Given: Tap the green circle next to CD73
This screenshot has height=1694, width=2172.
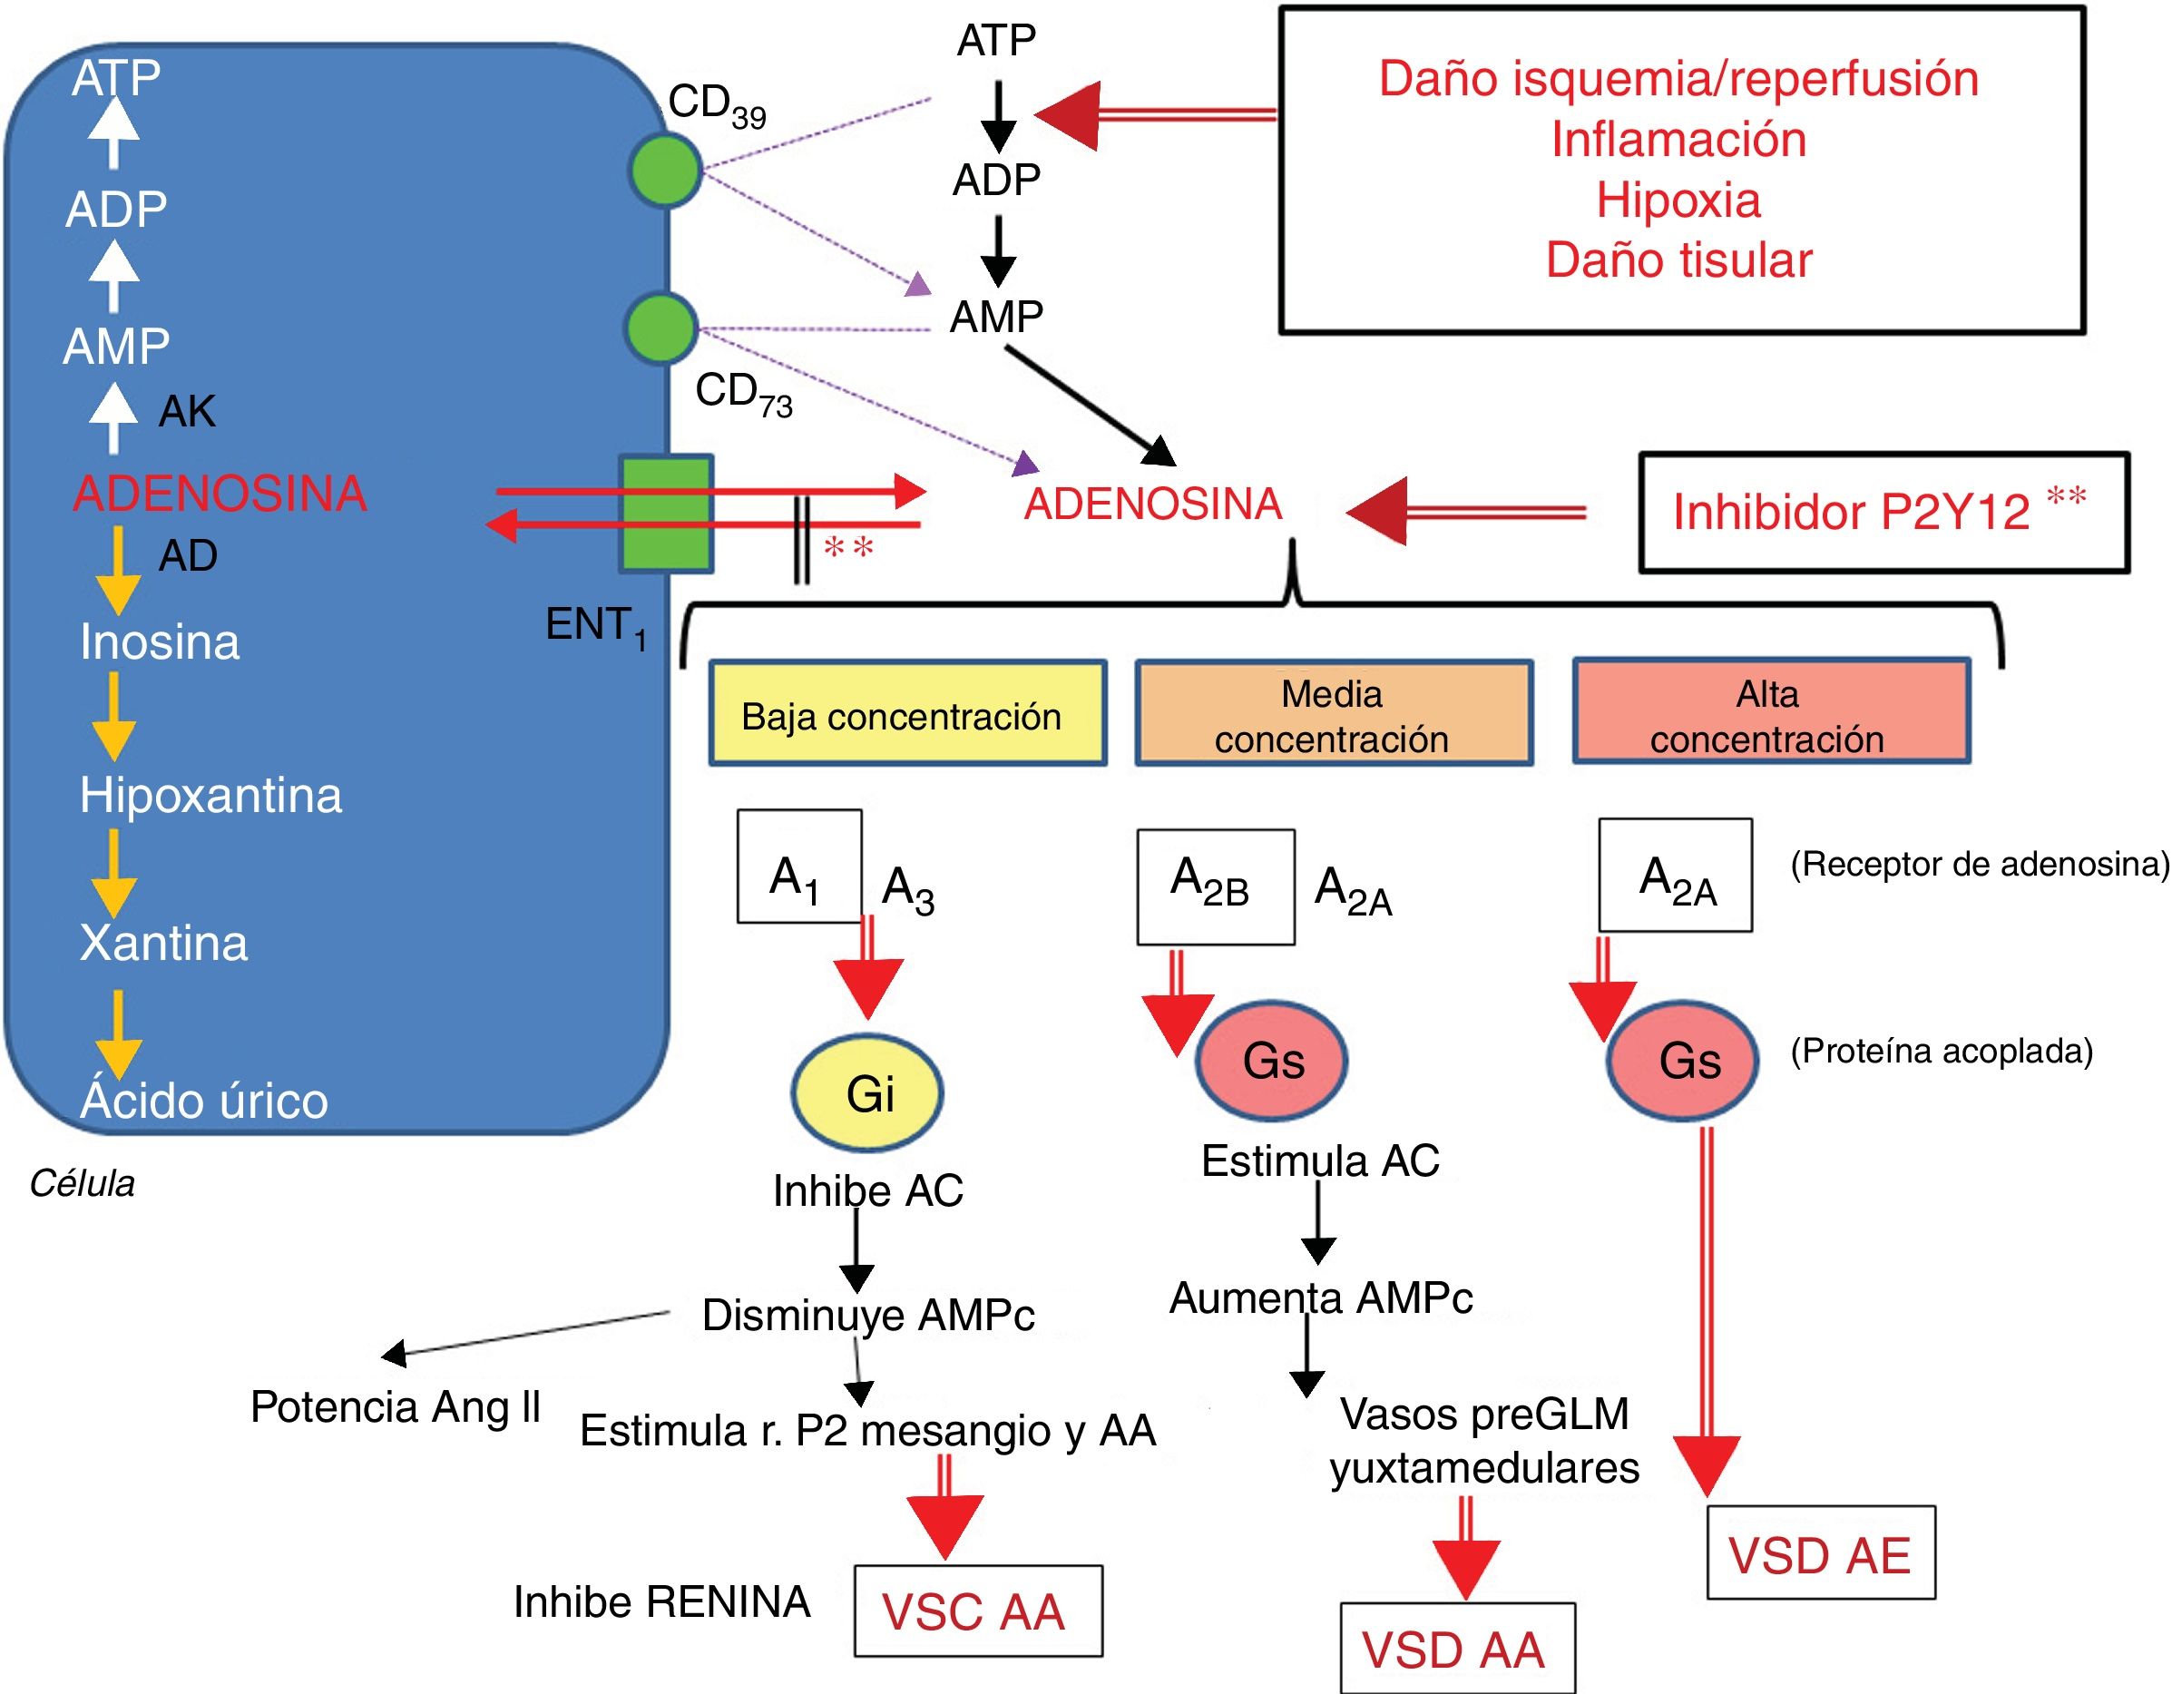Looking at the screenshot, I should tap(661, 328).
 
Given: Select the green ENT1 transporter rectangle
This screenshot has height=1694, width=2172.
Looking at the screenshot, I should tap(666, 514).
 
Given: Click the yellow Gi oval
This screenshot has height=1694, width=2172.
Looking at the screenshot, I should tap(867, 1093).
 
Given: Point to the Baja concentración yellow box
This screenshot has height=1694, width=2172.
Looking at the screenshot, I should tap(907, 713).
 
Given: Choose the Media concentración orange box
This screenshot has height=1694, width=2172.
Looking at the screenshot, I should tap(1334, 713).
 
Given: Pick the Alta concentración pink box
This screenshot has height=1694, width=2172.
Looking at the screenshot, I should tap(1770, 712).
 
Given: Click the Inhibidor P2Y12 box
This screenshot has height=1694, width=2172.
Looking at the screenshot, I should tap(1883, 513).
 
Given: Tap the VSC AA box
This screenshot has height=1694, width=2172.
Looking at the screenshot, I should tap(978, 1611).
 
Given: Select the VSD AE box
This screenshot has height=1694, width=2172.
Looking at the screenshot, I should tap(1820, 1552).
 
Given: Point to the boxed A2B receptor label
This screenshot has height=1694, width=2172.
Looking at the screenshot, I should tap(1216, 886).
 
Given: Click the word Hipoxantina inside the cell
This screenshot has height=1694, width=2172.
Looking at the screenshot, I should tap(210, 795).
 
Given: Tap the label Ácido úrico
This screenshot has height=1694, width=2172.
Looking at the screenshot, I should tap(204, 1101).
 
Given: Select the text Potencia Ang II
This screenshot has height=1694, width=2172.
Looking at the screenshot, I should tap(395, 1406).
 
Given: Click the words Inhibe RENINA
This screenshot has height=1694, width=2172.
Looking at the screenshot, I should tap(661, 1601).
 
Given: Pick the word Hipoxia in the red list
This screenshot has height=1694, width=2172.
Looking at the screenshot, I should tap(1678, 200).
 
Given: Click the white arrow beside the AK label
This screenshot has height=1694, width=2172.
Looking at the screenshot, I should tap(113, 417).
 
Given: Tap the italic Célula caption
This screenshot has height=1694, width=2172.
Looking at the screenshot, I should tap(82, 1184).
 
